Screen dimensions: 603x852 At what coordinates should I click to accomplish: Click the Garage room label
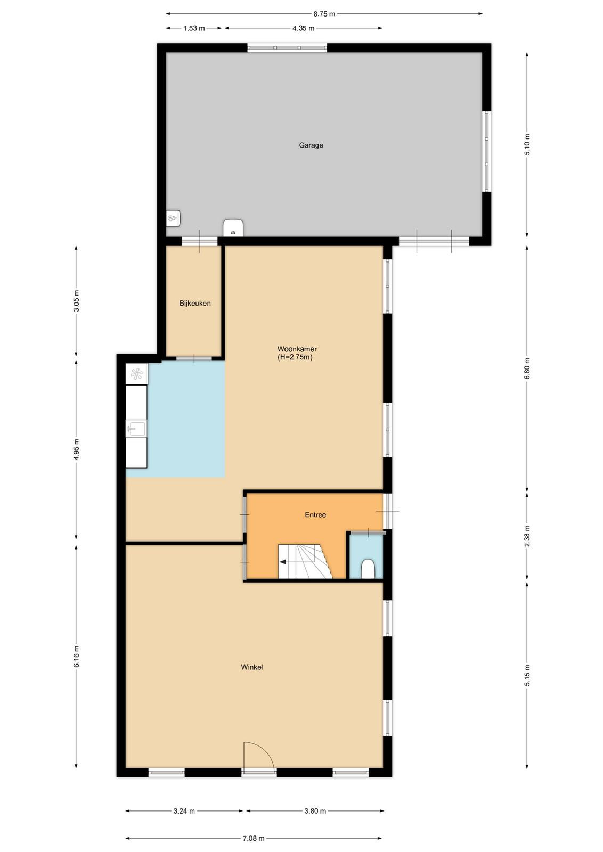tap(311, 145)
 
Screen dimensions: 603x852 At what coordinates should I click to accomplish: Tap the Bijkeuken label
tap(195, 303)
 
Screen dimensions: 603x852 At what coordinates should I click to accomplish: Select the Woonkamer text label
tap(297, 349)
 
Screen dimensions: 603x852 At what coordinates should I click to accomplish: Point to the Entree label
tap(315, 514)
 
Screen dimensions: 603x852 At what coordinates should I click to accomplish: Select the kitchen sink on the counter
tap(136, 429)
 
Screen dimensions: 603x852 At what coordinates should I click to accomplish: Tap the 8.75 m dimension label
tap(324, 14)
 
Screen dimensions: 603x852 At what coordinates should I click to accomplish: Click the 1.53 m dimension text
tap(194, 28)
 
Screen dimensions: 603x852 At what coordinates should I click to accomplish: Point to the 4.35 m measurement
tap(303, 28)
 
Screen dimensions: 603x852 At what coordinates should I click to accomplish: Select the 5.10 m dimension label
tap(527, 144)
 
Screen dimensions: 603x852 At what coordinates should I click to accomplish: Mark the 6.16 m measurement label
tap(77, 656)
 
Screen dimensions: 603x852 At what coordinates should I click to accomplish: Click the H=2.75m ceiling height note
tap(295, 357)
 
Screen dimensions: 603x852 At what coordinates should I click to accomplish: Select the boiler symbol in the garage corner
tap(173, 218)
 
